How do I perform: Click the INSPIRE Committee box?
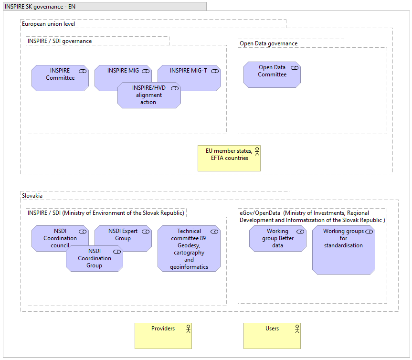tap(60, 78)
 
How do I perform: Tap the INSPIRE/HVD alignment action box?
tap(149, 95)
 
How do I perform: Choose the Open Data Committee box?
tap(272, 74)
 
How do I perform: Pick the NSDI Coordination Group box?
tap(95, 259)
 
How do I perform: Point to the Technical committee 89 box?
tap(189, 249)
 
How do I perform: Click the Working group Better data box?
tap(278, 239)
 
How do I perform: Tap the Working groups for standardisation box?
tap(344, 251)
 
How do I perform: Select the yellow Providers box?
tap(163, 336)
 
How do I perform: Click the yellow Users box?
tap(272, 336)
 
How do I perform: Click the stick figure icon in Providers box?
tap(188, 328)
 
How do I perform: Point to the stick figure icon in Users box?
tap(297, 328)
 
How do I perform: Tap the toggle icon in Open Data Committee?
tap(295, 68)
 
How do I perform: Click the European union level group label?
tap(48, 24)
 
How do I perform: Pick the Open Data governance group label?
tap(268, 43)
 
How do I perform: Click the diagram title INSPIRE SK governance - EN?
tap(40, 7)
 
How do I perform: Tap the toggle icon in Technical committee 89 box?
tap(214, 232)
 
